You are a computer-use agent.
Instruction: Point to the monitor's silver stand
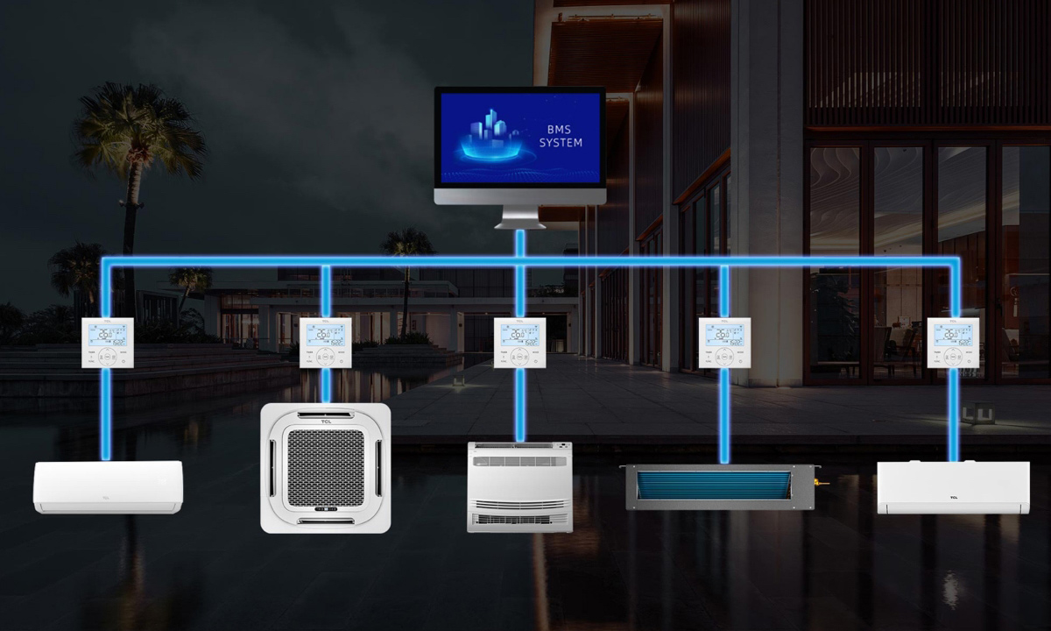[519, 216]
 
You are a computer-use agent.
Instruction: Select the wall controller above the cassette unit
[326, 343]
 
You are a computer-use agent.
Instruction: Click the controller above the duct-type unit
[724, 343]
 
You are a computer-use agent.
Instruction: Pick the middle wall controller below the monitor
[519, 343]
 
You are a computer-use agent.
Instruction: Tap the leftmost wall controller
[108, 343]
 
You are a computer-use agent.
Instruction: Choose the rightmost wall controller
[954, 343]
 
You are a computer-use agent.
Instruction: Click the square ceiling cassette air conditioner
[325, 468]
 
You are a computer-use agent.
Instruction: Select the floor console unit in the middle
[519, 486]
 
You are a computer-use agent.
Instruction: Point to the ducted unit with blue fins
[718, 486]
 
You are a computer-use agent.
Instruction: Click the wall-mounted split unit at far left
[108, 486]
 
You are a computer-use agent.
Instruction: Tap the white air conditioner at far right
[953, 487]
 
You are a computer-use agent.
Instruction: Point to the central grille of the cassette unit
[325, 467]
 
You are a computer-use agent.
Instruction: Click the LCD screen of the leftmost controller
[108, 334]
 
